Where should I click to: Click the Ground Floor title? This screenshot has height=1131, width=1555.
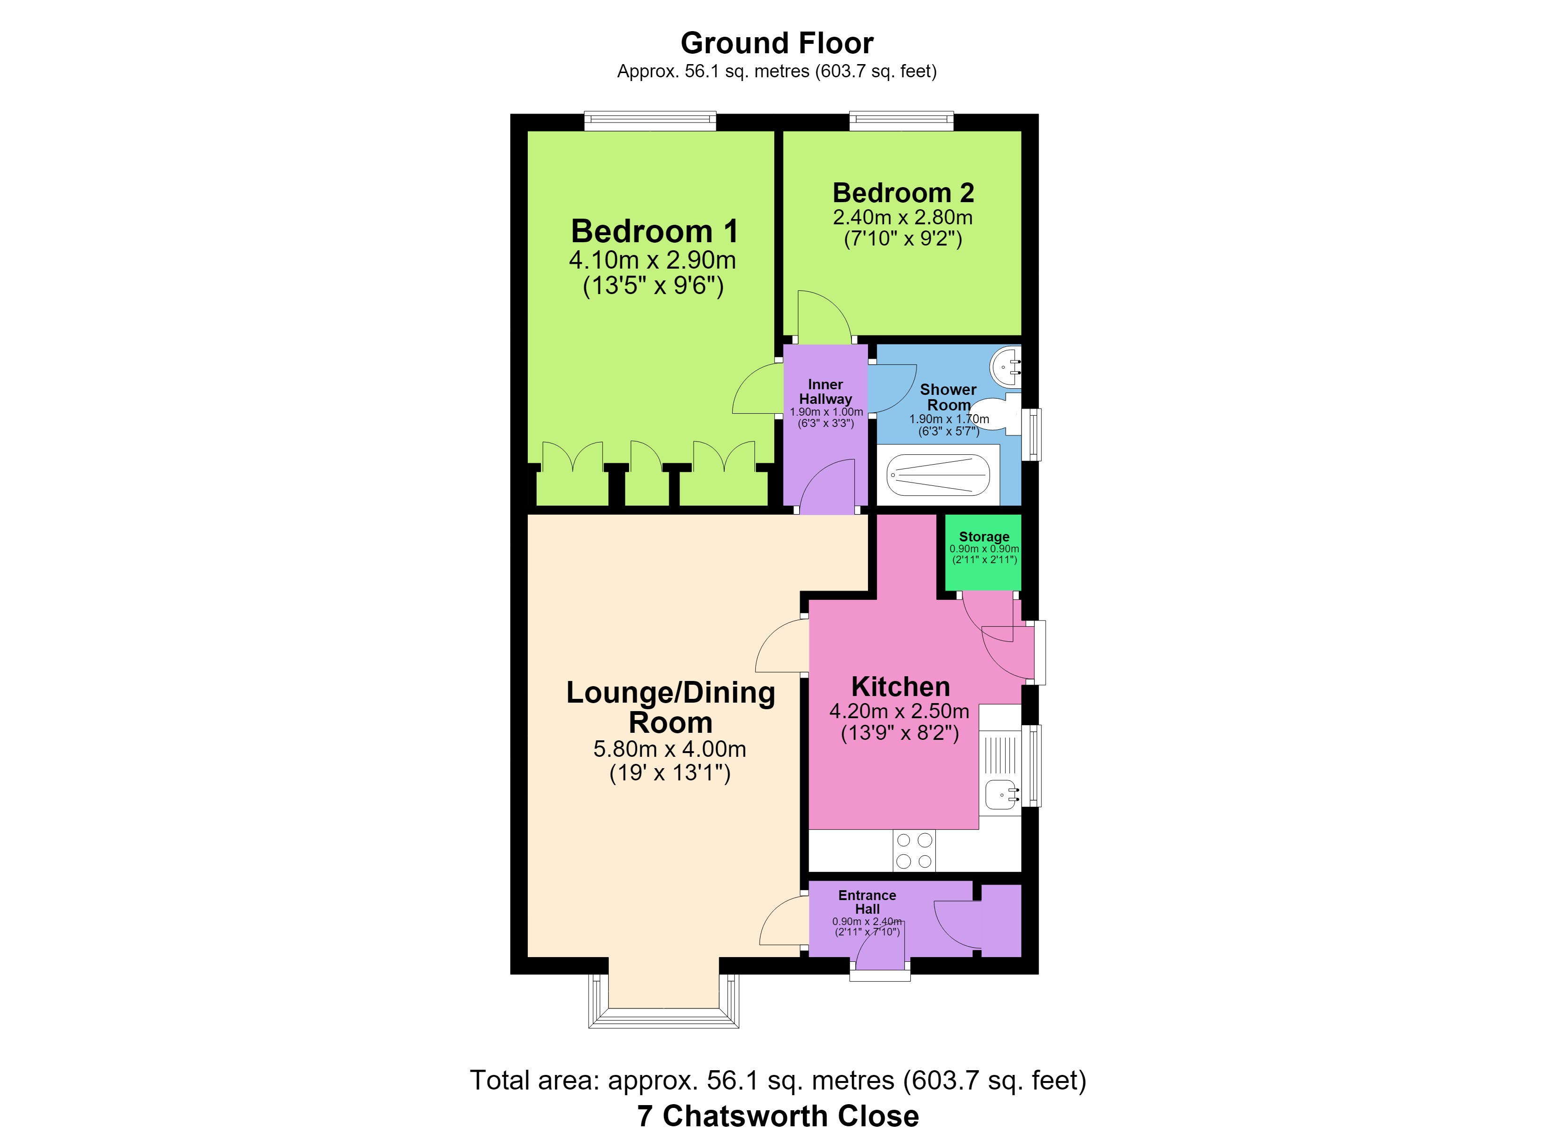[777, 43]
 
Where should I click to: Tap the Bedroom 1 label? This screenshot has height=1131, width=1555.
[655, 231]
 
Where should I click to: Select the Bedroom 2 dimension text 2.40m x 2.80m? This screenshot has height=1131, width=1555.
[902, 217]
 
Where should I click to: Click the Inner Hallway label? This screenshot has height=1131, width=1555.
[826, 392]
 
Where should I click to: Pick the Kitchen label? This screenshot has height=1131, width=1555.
[900, 687]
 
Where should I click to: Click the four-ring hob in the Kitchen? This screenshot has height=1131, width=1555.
[915, 851]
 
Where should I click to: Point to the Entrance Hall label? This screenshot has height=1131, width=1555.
[868, 902]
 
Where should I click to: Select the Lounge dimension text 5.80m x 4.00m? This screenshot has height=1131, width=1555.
[670, 749]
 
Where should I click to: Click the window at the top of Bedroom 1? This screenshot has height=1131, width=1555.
[650, 122]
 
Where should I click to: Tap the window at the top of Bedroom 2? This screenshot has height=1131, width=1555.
[901, 122]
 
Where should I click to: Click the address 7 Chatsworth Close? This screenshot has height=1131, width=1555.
[778, 1116]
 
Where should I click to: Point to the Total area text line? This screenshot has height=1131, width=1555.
[778, 1080]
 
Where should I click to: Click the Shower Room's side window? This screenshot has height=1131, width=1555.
[1032, 435]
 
